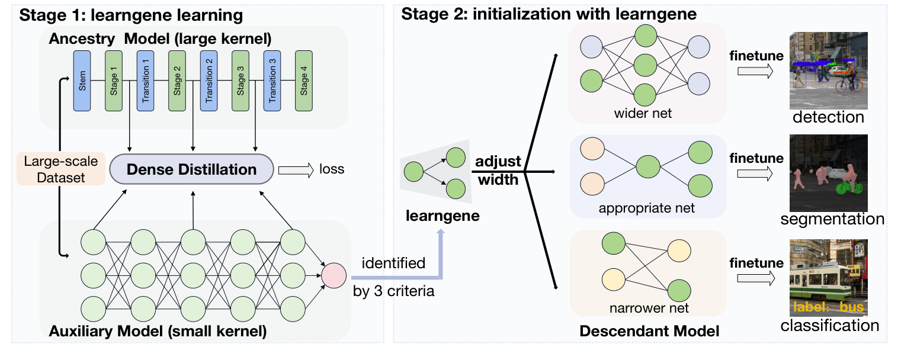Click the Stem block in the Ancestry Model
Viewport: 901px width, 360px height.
coord(82,81)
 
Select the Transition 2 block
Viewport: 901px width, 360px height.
coord(209,81)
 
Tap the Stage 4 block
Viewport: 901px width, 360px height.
coord(304,81)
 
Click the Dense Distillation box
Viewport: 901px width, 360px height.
coord(191,169)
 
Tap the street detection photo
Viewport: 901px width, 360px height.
coord(829,70)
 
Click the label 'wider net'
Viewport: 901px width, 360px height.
coord(643,112)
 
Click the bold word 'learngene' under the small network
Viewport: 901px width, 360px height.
coord(443,216)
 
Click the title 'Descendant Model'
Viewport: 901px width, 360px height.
coord(649,331)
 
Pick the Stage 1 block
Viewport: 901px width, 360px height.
coord(113,81)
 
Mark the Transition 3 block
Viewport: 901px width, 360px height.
coord(272,81)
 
